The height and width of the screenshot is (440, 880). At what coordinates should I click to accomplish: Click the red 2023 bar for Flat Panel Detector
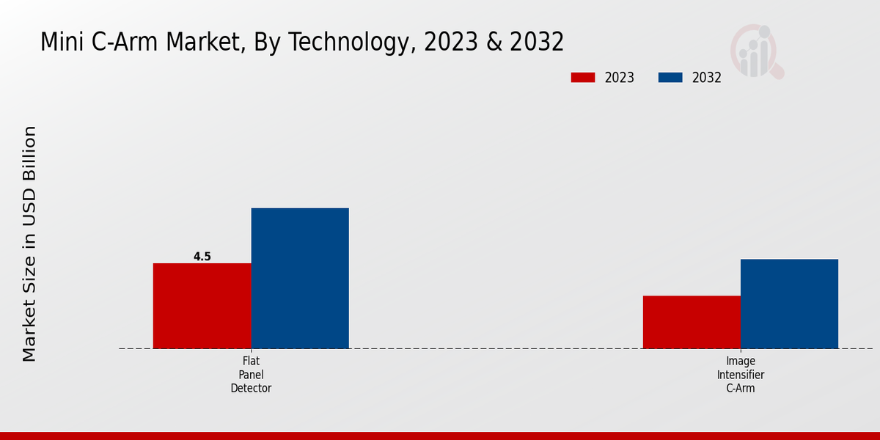pos(202,306)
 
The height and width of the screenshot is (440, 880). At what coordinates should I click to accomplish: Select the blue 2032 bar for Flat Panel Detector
pos(300,278)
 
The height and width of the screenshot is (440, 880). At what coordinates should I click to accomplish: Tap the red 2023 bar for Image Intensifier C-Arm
pos(692,322)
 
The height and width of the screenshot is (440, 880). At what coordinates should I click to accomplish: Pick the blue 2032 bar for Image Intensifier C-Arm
pos(789,304)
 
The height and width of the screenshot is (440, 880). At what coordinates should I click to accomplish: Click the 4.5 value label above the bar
pos(202,257)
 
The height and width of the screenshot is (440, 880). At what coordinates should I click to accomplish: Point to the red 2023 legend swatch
pos(583,78)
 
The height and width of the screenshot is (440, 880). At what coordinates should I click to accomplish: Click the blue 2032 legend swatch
pos(670,78)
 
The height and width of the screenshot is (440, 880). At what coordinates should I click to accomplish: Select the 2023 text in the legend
pos(620,78)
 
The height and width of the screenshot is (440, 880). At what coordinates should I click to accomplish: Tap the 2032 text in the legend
pos(707,78)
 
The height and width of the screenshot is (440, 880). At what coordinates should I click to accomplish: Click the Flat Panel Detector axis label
pos(251,375)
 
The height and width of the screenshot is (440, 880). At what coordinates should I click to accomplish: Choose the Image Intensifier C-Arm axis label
pos(741,375)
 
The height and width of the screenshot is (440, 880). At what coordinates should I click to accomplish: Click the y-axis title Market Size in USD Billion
pos(29,243)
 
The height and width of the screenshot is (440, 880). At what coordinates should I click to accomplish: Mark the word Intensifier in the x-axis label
pos(741,375)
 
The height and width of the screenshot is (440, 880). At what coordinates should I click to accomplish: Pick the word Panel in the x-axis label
pos(251,375)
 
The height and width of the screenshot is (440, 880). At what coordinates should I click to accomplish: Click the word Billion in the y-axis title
pos(29,154)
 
